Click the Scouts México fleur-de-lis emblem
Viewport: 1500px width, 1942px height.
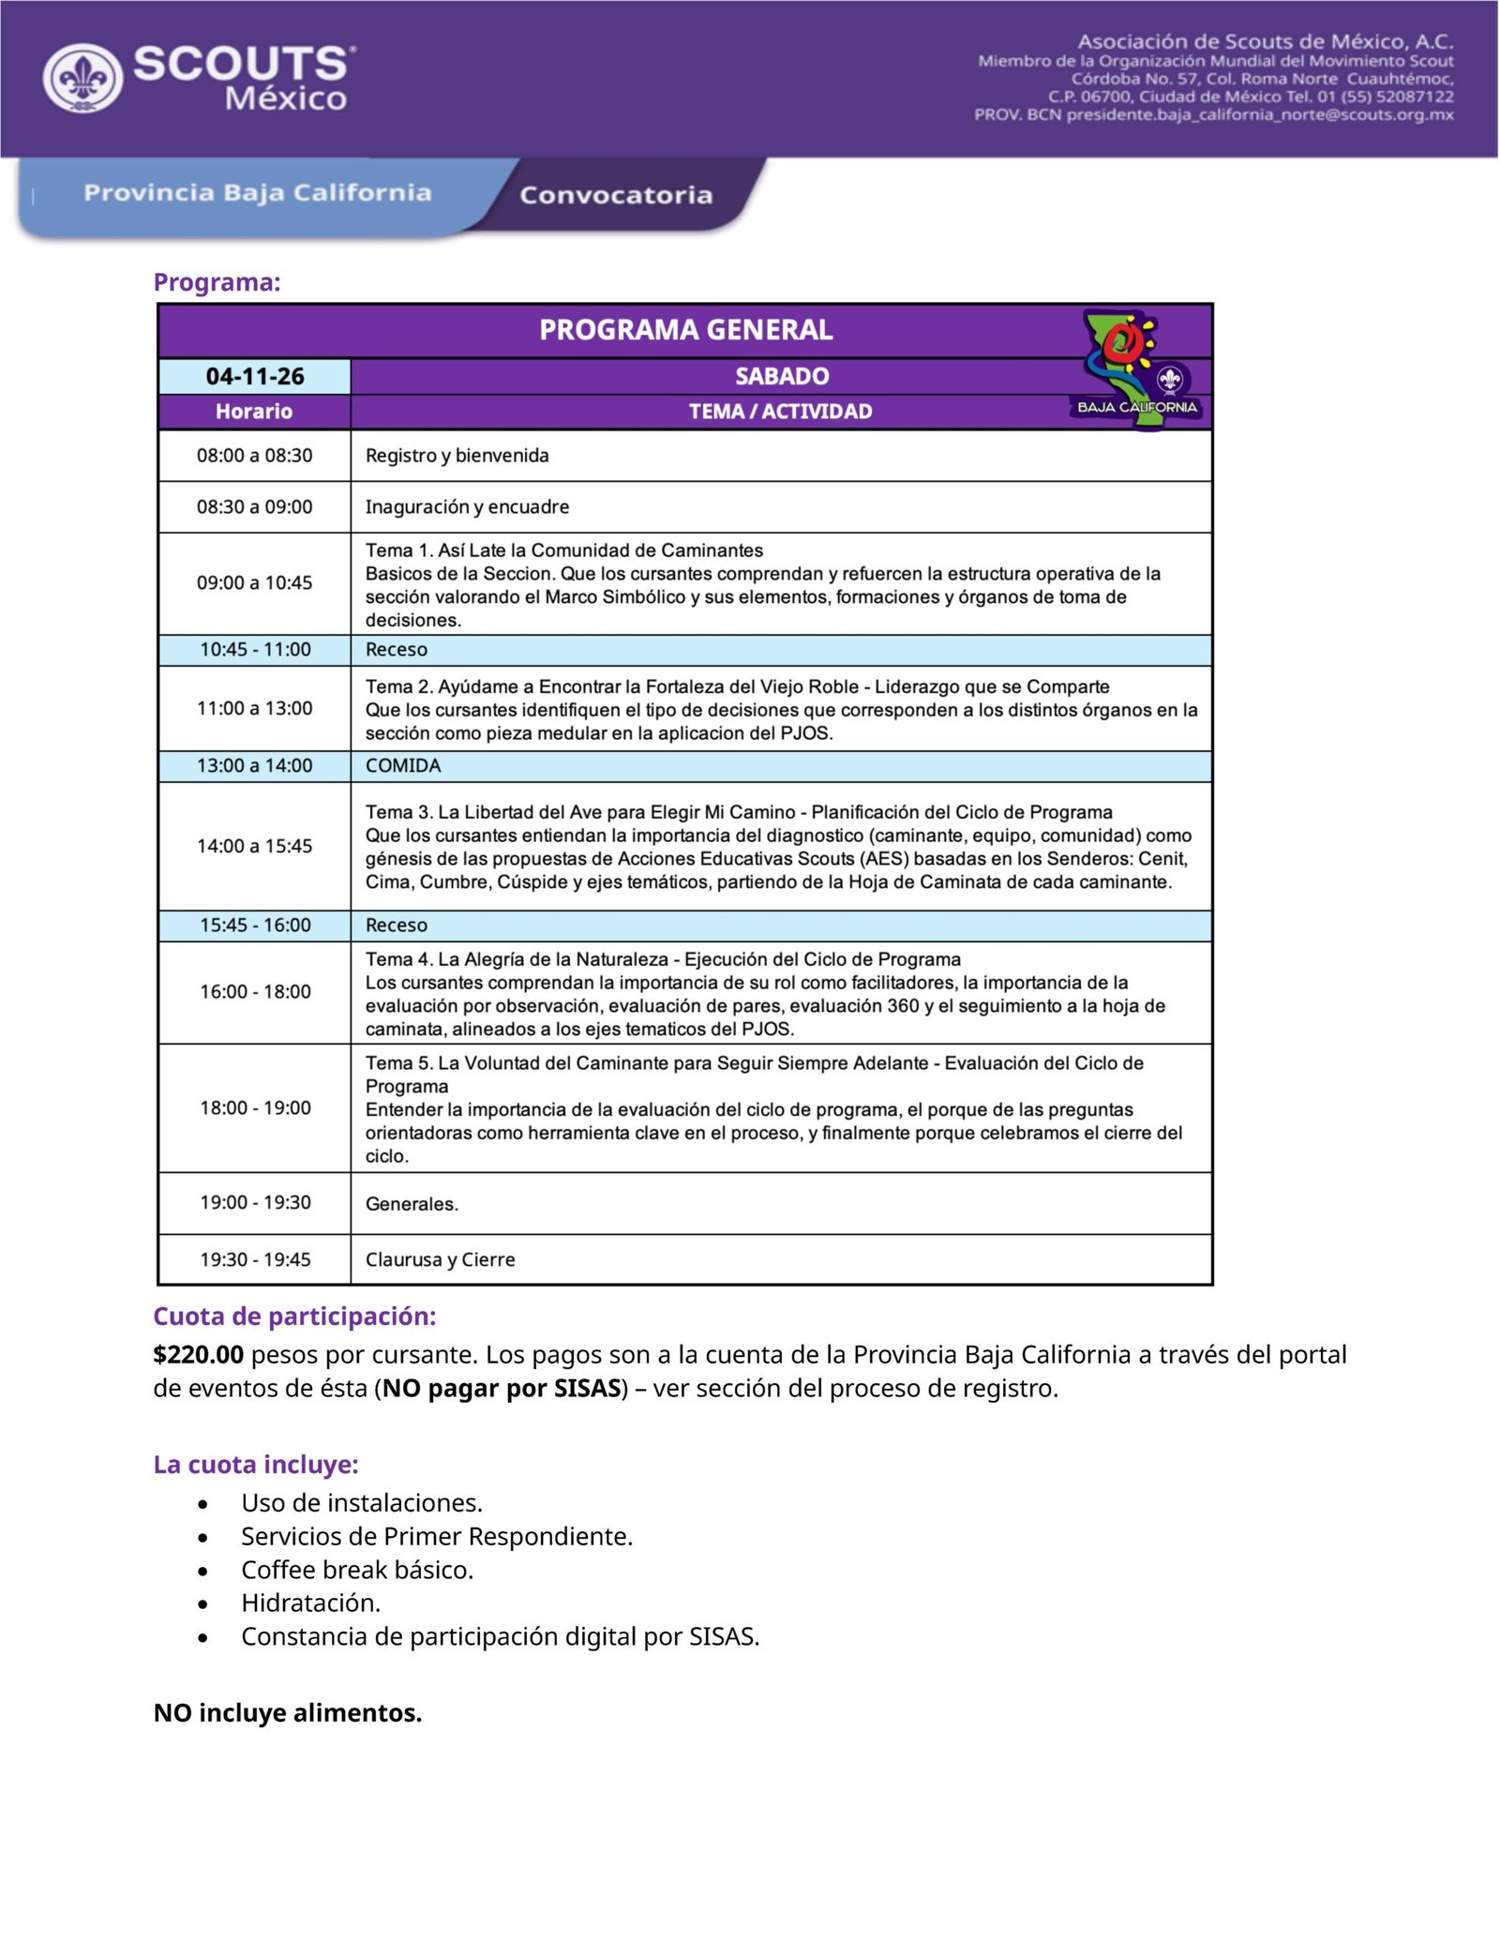(x=82, y=78)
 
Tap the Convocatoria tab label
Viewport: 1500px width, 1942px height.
(x=616, y=195)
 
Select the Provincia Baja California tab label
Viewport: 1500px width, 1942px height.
(x=257, y=192)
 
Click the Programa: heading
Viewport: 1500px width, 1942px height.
(x=217, y=282)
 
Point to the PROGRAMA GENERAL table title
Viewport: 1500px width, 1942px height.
(x=685, y=330)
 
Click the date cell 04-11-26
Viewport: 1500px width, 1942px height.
(x=255, y=376)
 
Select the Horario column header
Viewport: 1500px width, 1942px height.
(x=254, y=411)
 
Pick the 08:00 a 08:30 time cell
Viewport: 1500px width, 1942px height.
(x=254, y=456)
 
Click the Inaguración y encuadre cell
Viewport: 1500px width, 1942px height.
(x=467, y=507)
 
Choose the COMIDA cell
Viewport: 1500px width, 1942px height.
(x=403, y=766)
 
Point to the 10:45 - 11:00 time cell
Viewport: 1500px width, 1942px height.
(x=255, y=650)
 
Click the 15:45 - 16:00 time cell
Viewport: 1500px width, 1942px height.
(x=255, y=926)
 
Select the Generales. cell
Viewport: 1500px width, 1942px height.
(x=412, y=1204)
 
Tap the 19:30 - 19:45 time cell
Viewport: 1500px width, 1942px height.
(x=255, y=1259)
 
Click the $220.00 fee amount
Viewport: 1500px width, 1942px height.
(x=199, y=1354)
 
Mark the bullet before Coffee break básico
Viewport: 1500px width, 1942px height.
(x=202, y=1571)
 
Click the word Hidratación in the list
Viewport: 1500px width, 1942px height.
(x=309, y=1603)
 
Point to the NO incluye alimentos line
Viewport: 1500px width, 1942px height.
(x=288, y=1713)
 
